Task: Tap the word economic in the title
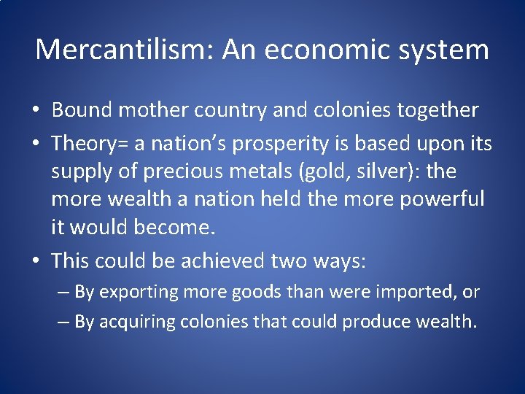point(337,50)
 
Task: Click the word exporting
point(139,292)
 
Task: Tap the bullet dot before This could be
point(36,259)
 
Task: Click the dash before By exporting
point(63,292)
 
